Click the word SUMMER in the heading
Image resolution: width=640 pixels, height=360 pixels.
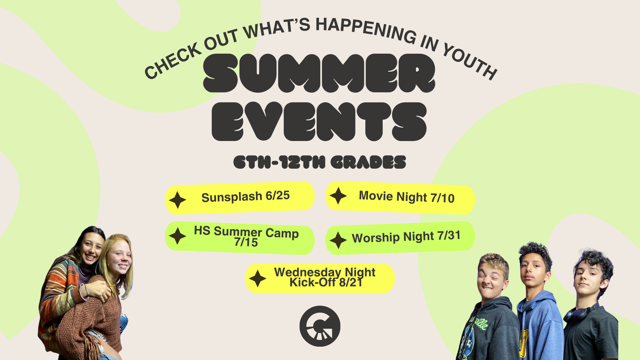coord(319,73)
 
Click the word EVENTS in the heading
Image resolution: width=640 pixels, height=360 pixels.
coord(319,121)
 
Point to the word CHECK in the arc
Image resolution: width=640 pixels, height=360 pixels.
coord(173,62)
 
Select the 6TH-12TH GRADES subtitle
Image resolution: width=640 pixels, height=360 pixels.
coord(320,162)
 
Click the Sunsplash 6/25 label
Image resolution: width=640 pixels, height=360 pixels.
coord(246,196)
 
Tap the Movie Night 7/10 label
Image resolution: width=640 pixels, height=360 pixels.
coord(407,197)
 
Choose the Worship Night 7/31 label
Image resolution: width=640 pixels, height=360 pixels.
coord(406,237)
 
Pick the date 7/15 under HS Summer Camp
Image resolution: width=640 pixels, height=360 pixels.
coord(246,242)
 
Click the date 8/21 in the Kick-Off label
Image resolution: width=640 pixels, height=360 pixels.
coord(351,283)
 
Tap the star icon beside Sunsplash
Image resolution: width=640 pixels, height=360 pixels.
coord(178,200)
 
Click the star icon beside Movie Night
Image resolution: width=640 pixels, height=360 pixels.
coord(338,196)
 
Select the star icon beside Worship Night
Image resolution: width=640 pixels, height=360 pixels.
coord(338,240)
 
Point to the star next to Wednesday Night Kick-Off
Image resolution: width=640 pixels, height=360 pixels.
coord(258,279)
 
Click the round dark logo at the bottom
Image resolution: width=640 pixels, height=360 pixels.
coord(320,326)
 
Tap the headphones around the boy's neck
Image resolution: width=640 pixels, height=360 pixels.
coord(580,313)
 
